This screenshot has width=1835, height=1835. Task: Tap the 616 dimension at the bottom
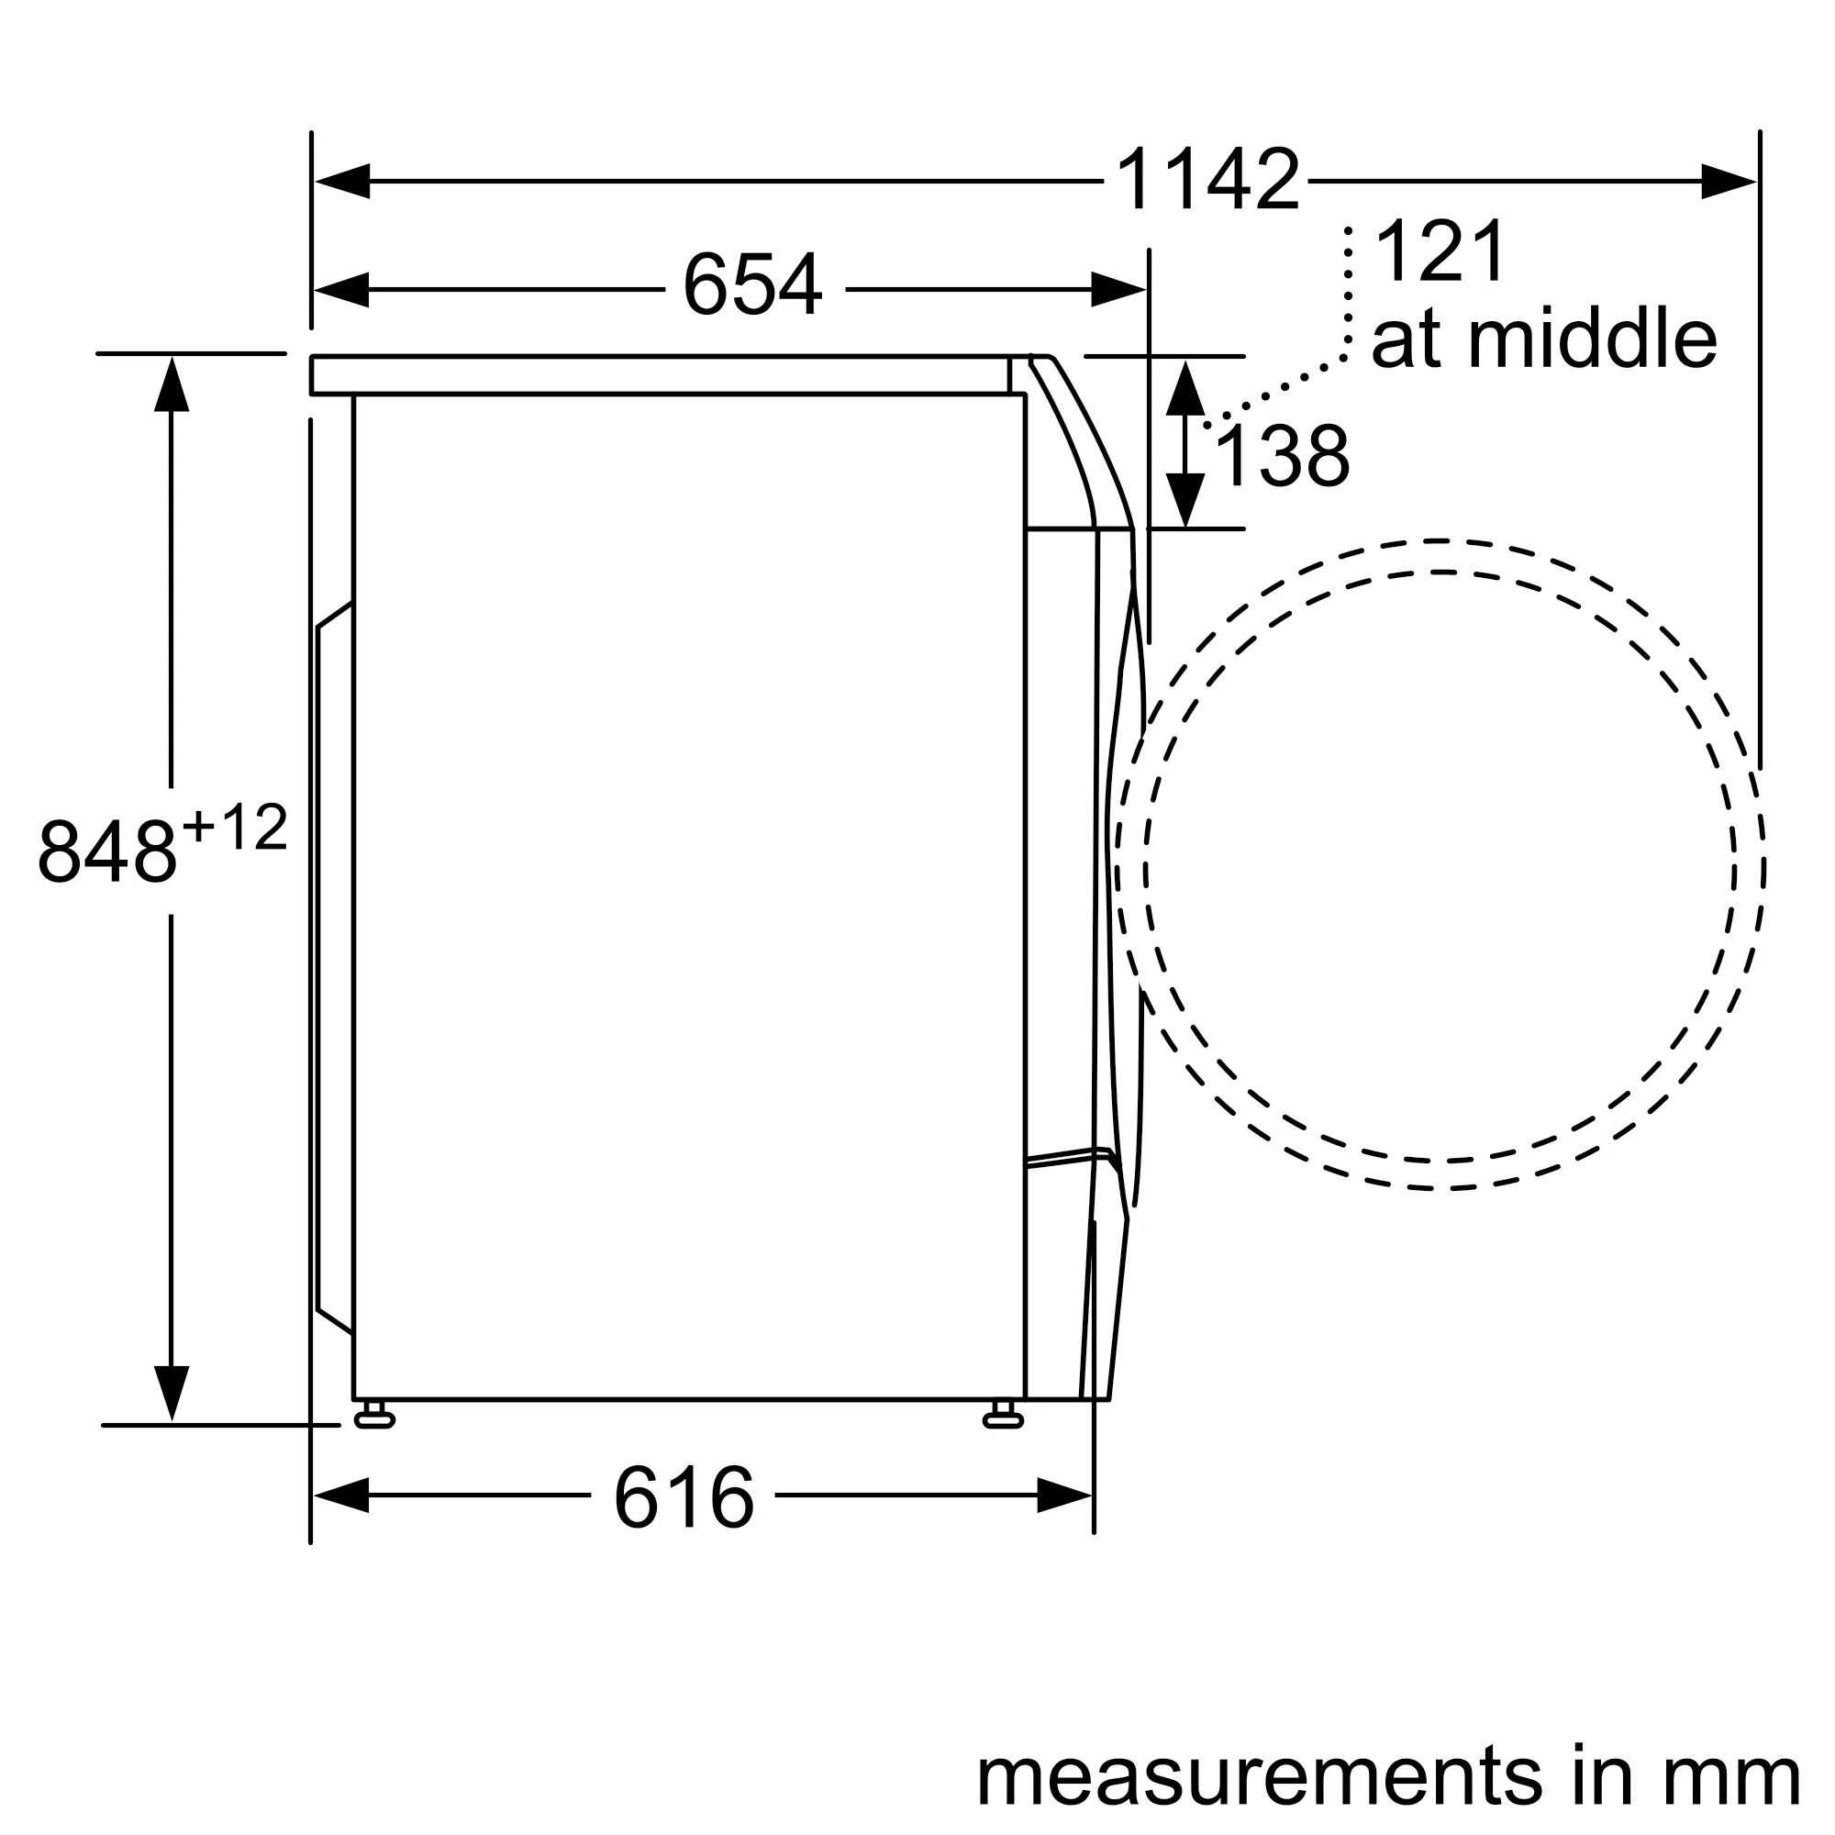[683, 1498]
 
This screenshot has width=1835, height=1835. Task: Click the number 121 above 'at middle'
[1440, 251]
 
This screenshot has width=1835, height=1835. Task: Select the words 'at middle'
[1543, 339]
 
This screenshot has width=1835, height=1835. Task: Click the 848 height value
[107, 851]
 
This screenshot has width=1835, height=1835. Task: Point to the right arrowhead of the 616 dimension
[1063, 1495]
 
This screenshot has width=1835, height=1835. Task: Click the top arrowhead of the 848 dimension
[171, 384]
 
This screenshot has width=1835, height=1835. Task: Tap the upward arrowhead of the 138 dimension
[1185, 387]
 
